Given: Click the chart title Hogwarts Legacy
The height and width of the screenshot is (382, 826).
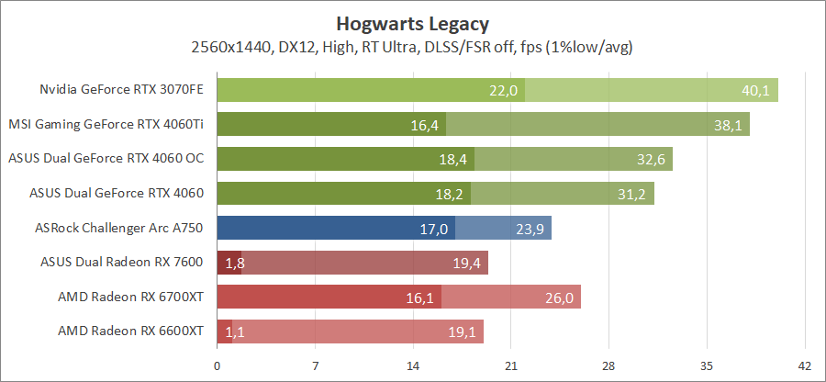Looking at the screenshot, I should pyautogui.click(x=412, y=23).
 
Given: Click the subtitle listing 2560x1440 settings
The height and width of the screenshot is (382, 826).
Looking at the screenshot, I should pyautogui.click(x=412, y=46).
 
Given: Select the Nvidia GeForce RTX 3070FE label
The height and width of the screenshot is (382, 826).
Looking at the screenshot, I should pyautogui.click(x=121, y=90).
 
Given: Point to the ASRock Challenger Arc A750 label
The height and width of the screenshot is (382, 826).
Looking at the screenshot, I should pyautogui.click(x=118, y=227).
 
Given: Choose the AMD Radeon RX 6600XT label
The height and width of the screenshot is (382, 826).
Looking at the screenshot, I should pyautogui.click(x=130, y=331).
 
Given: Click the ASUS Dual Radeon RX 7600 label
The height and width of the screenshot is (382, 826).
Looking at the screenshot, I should pyautogui.click(x=122, y=262).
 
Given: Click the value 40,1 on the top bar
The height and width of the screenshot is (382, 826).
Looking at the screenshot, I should pyautogui.click(x=756, y=90).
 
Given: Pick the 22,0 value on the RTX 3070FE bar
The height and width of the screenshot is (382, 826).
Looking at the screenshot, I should pyautogui.click(x=505, y=90).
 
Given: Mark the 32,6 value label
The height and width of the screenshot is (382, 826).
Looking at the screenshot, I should pyautogui.click(x=651, y=159).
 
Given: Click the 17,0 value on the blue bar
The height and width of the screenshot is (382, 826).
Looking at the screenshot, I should pyautogui.click(x=433, y=228).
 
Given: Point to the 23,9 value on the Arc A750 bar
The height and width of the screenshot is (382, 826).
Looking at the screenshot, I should pyautogui.click(x=530, y=228).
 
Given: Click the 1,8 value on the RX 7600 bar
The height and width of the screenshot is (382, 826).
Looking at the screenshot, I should pyautogui.click(x=231, y=263).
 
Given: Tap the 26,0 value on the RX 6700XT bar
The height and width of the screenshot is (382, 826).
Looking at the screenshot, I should pyautogui.click(x=559, y=297).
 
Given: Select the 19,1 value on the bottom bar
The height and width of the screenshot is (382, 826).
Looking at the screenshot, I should pyautogui.click(x=462, y=331).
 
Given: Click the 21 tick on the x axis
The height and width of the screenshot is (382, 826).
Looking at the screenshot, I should pyautogui.click(x=510, y=365).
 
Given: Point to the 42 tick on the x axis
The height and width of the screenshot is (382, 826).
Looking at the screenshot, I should pyautogui.click(x=804, y=365).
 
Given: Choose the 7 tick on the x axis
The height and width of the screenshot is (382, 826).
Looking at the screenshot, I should pyautogui.click(x=315, y=365).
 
